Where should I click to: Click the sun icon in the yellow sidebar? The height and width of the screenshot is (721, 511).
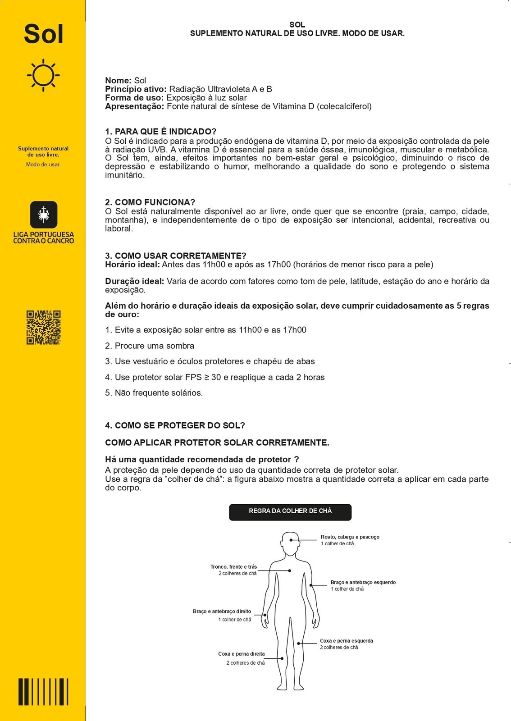pos(43,75)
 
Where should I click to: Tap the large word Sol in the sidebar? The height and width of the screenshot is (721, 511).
pos(43,34)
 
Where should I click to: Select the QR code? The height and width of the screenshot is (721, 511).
pos(43,328)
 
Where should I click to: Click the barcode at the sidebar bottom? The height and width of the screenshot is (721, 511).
pos(43,691)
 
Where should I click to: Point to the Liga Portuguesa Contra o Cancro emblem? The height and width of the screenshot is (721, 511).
pos(43,214)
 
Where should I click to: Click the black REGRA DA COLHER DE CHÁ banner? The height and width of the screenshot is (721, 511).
pos(290,512)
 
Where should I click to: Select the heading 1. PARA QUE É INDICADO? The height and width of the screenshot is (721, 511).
pos(161,132)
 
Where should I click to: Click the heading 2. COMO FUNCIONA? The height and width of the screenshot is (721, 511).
pos(150,202)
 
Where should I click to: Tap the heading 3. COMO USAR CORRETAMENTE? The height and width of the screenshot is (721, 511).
pos(176,256)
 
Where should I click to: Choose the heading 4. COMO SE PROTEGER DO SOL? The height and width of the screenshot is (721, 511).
pos(175,425)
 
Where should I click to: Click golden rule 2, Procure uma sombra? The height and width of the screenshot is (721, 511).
pos(150,346)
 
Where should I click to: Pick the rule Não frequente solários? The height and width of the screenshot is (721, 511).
pos(154,393)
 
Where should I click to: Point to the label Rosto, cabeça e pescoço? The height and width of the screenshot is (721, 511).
pos(350,537)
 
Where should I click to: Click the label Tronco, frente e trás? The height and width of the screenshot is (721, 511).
pos(233,567)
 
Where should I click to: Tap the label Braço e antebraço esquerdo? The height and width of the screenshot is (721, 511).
pos(363,582)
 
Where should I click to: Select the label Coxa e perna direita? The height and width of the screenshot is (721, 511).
pos(242,654)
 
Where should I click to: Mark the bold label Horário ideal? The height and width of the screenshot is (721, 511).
pos(132,265)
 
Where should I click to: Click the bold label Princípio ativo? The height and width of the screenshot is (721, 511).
pos(136,89)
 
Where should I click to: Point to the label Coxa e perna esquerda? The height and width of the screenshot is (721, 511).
pos(347,640)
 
